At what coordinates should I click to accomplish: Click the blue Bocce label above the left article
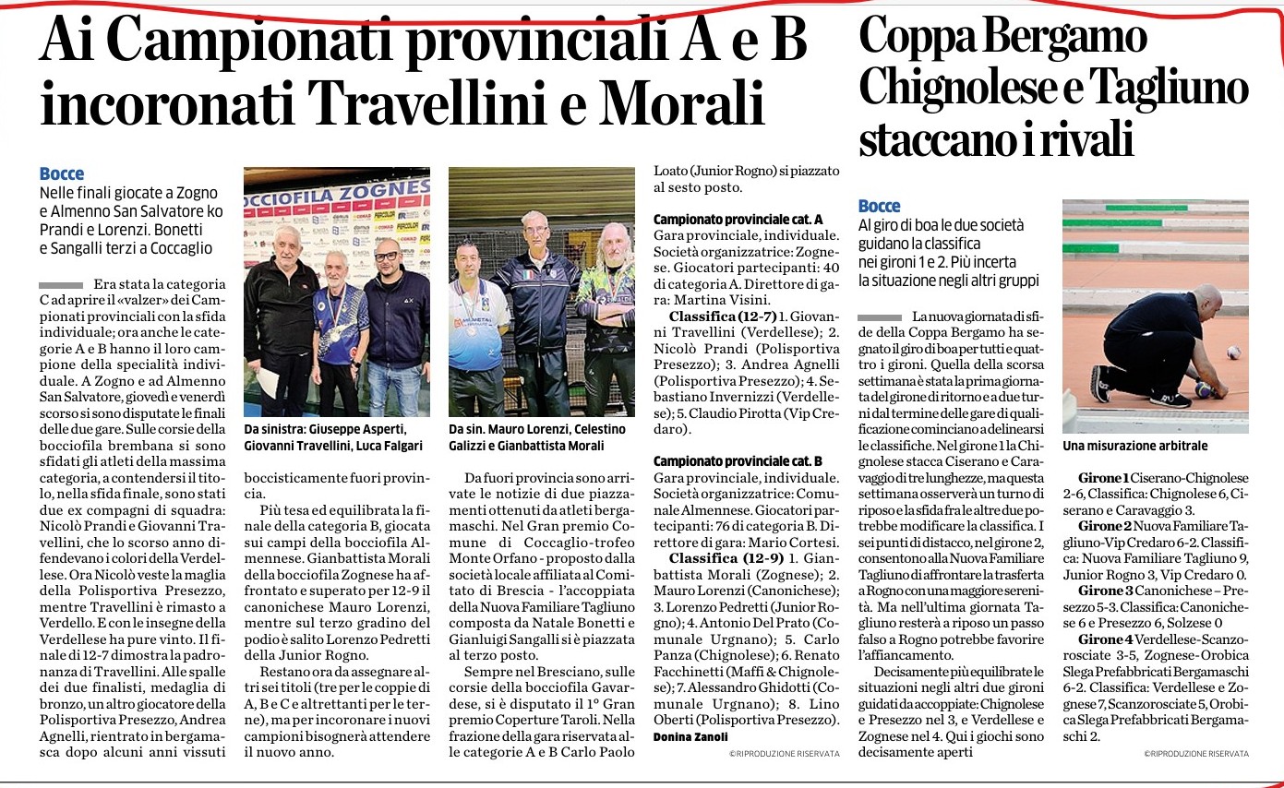[x=62, y=173]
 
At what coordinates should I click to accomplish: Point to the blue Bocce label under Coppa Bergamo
[x=880, y=206]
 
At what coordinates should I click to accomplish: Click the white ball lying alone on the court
[x=1233, y=352]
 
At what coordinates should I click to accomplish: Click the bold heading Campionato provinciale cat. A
[x=738, y=219]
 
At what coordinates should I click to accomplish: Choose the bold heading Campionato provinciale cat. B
[x=738, y=460]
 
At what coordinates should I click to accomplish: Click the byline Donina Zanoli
[x=691, y=736]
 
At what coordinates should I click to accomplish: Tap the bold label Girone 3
[x=1105, y=590]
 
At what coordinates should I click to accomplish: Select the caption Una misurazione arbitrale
[x=1134, y=446]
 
